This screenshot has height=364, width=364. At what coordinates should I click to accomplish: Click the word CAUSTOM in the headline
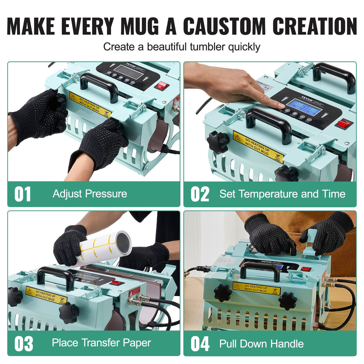(x=225, y=26)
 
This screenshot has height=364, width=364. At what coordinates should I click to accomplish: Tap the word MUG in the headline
(x=140, y=26)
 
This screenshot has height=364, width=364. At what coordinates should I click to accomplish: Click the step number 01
(x=23, y=194)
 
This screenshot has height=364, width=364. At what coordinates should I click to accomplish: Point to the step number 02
(x=200, y=194)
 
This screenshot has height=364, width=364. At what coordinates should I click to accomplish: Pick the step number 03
(x=24, y=344)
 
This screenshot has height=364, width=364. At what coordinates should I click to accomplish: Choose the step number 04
(x=200, y=344)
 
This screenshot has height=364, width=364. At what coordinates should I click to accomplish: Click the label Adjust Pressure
(x=90, y=194)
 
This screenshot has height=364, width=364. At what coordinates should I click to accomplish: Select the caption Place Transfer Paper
(x=101, y=343)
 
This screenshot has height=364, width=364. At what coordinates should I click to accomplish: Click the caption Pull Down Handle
(x=261, y=344)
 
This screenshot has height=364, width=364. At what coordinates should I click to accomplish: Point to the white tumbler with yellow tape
(x=105, y=247)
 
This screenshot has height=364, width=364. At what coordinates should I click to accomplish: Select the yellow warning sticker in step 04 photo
(x=256, y=288)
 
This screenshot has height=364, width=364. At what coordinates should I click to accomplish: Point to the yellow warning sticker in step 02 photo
(x=258, y=147)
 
